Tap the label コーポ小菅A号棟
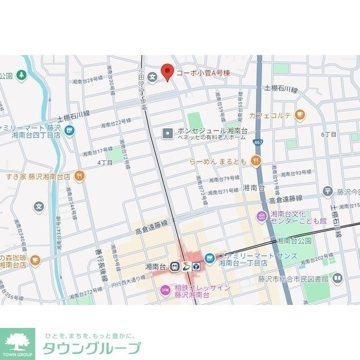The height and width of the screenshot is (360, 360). [203, 73]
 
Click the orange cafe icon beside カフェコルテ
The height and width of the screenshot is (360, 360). [300, 115]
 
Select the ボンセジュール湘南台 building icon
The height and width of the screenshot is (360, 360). [168, 133]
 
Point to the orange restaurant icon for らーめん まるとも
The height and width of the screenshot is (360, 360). [256, 161]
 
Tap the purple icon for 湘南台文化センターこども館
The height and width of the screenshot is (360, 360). [262, 217]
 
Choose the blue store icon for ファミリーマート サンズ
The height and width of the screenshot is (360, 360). [209, 258]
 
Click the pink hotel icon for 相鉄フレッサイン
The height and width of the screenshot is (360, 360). [165, 290]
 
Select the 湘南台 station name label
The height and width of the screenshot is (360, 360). [154, 266]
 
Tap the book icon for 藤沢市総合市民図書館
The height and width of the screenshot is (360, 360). [337, 278]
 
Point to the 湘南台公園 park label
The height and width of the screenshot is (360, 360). [294, 241]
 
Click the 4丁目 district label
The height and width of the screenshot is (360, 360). [105, 163]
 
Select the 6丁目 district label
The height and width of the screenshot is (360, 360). [328, 134]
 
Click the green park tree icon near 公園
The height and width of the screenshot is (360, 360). [21, 75]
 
